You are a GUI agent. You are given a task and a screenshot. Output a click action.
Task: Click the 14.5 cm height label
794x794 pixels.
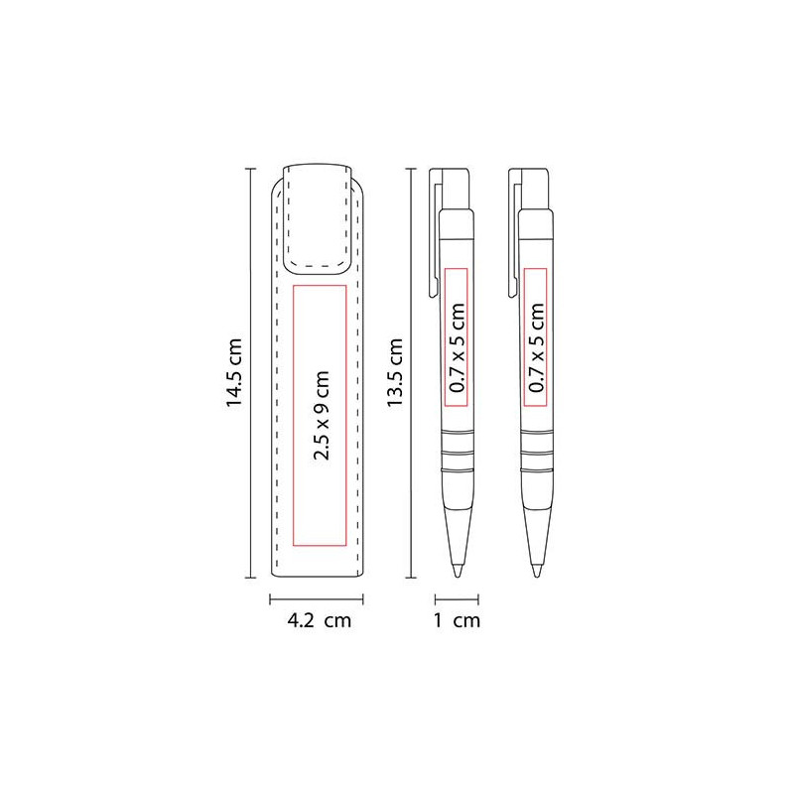point(234,373)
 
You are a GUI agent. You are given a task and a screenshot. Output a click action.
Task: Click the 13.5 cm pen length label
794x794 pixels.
point(394,373)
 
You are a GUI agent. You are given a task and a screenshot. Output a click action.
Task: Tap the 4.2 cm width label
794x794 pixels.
point(319,620)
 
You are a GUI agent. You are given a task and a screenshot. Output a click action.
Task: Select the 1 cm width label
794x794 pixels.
point(457,620)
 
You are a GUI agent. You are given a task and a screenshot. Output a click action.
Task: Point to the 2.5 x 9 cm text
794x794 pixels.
point(322,415)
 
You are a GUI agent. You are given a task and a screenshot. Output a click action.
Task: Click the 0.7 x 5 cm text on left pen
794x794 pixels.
point(457,347)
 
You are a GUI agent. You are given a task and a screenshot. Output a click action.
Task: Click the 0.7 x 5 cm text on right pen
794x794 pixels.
point(536,347)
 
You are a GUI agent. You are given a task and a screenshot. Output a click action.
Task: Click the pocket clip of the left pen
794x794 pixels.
point(434,233)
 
